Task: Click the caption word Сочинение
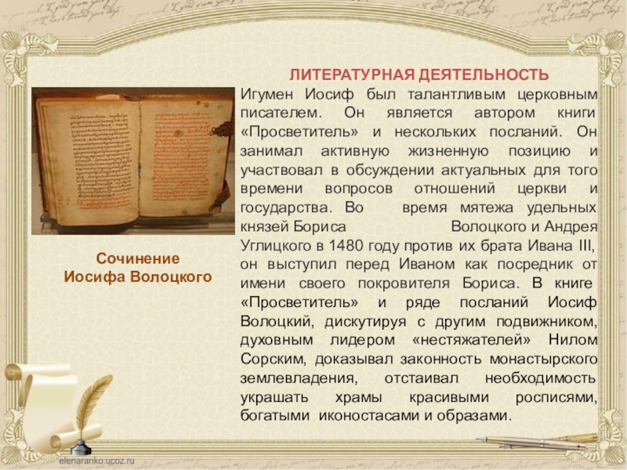tap(137, 258)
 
